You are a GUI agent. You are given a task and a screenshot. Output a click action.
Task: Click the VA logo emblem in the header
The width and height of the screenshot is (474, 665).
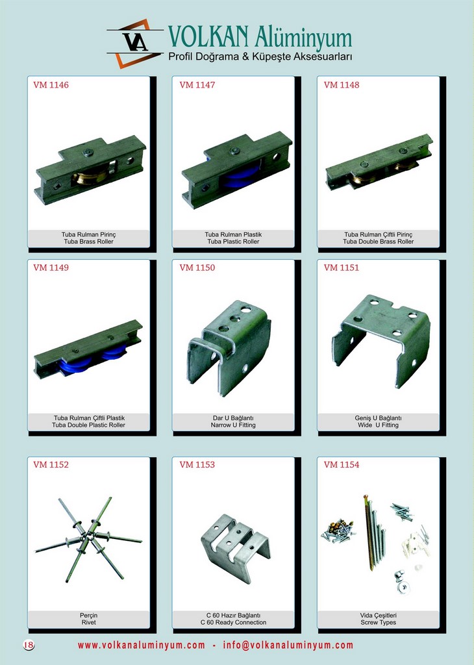pos(135,43)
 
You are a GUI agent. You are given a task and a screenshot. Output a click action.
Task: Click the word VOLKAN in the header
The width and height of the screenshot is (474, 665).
pos(208,36)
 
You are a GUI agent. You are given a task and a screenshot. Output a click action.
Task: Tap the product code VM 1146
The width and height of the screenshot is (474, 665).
pos(51,85)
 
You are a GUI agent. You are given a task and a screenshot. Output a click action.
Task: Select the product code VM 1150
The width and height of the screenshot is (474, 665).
pos(197,268)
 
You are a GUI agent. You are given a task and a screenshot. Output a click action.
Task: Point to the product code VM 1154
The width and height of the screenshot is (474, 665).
pos(342,464)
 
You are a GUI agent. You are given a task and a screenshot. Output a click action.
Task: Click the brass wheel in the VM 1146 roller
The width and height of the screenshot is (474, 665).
pos(89,176)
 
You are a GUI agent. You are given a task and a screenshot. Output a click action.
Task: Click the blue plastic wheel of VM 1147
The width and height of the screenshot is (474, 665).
pos(240,174)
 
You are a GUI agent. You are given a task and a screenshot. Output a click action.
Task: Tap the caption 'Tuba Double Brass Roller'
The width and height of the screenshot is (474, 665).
pos(378,242)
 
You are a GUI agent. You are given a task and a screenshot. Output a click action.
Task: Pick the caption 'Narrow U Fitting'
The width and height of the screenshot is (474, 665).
pos(233,425)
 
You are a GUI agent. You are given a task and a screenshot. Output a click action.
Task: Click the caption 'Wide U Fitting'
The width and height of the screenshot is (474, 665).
pos(378,425)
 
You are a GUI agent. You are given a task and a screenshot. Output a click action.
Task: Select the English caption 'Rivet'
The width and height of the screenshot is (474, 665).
pos(88,623)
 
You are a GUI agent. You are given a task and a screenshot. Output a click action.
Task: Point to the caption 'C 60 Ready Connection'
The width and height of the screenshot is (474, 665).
pos(233,623)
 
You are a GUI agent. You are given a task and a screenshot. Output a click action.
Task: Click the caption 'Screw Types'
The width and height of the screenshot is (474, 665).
pos(378,623)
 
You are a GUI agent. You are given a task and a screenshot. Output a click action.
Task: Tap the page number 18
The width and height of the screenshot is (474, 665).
pos(29,645)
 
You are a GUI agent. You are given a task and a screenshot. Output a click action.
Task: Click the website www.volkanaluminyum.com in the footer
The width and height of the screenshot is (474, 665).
pos(141,645)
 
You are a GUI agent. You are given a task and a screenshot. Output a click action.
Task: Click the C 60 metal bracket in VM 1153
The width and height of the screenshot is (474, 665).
pos(236,547)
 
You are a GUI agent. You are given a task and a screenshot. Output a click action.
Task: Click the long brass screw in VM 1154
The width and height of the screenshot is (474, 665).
pos(368,533)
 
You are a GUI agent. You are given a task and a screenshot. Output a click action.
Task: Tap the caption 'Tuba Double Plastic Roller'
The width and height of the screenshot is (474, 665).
pos(88,425)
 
